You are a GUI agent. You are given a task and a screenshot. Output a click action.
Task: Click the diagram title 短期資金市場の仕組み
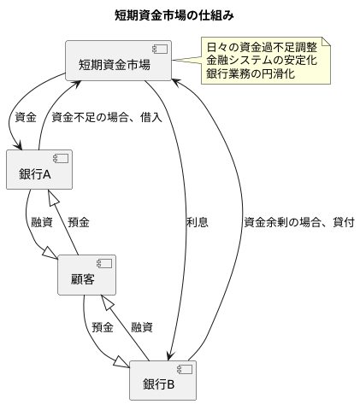tap(180, 15)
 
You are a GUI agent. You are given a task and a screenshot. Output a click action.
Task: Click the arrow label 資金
tap(26, 116)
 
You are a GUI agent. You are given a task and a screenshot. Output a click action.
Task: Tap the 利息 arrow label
tap(197, 222)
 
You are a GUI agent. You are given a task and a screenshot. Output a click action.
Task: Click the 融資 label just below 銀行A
tap(41, 222)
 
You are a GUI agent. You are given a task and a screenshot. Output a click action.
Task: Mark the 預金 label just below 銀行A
tap(79, 222)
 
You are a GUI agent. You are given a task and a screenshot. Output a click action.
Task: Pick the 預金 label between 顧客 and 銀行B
tap(103, 328)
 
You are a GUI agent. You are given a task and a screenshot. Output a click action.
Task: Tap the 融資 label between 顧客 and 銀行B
tap(142, 328)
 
